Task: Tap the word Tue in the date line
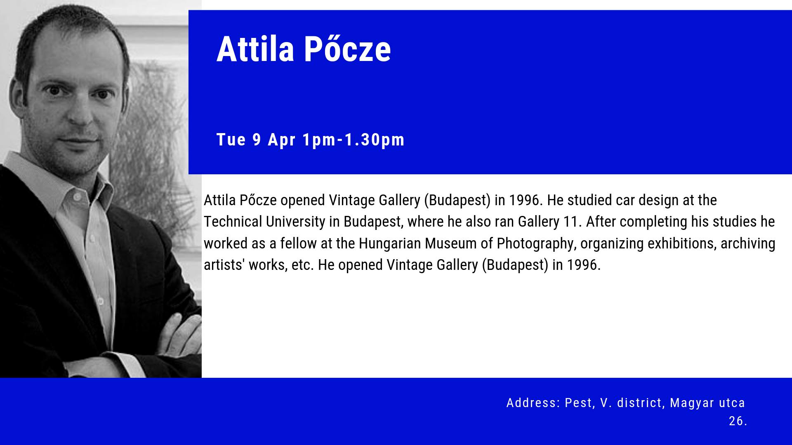231,140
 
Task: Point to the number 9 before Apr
257,140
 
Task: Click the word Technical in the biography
233,222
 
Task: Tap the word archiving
748,244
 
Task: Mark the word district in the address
641,403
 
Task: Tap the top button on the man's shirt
77,197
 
